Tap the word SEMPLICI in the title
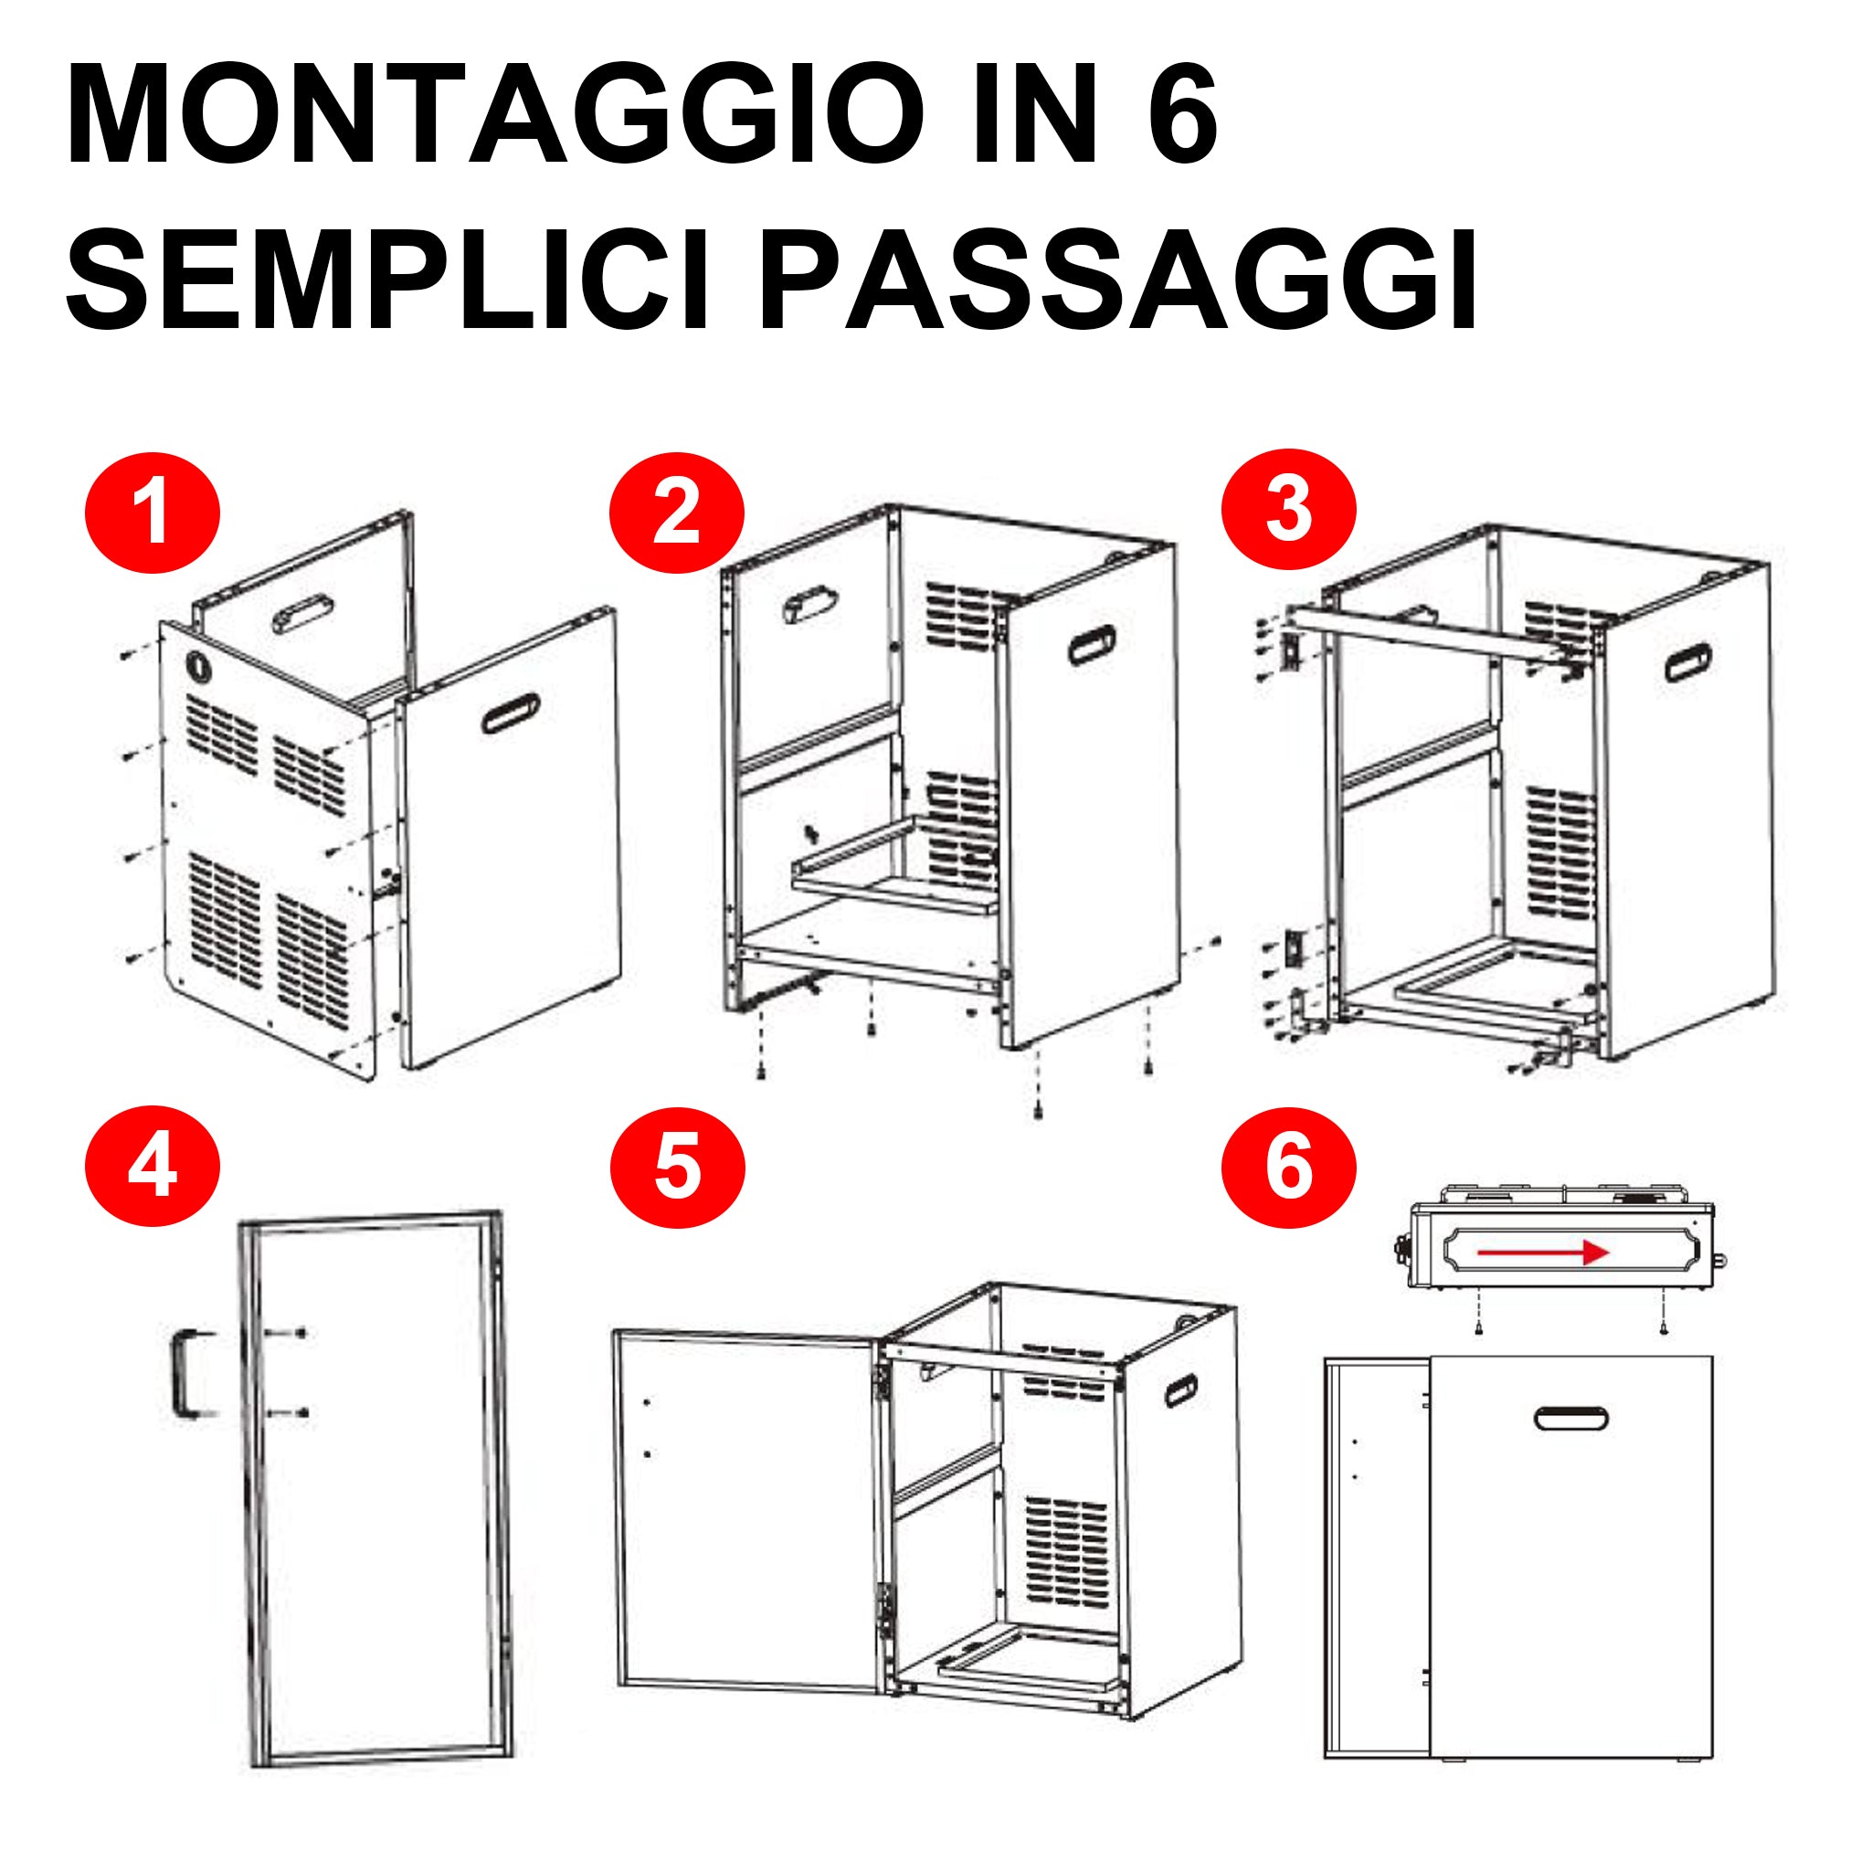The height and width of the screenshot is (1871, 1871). [387, 280]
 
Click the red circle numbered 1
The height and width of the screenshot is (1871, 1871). [153, 513]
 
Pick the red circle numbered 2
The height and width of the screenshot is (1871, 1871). [676, 513]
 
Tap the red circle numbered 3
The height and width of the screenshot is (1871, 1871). [1288, 510]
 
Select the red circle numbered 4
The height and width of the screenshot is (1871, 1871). [153, 1167]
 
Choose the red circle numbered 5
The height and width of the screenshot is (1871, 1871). [677, 1168]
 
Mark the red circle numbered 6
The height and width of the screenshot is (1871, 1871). [1288, 1167]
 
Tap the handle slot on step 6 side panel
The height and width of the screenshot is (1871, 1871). [1570, 1418]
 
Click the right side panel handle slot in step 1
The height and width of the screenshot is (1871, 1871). [511, 714]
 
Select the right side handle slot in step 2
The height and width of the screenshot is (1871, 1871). [1092, 645]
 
